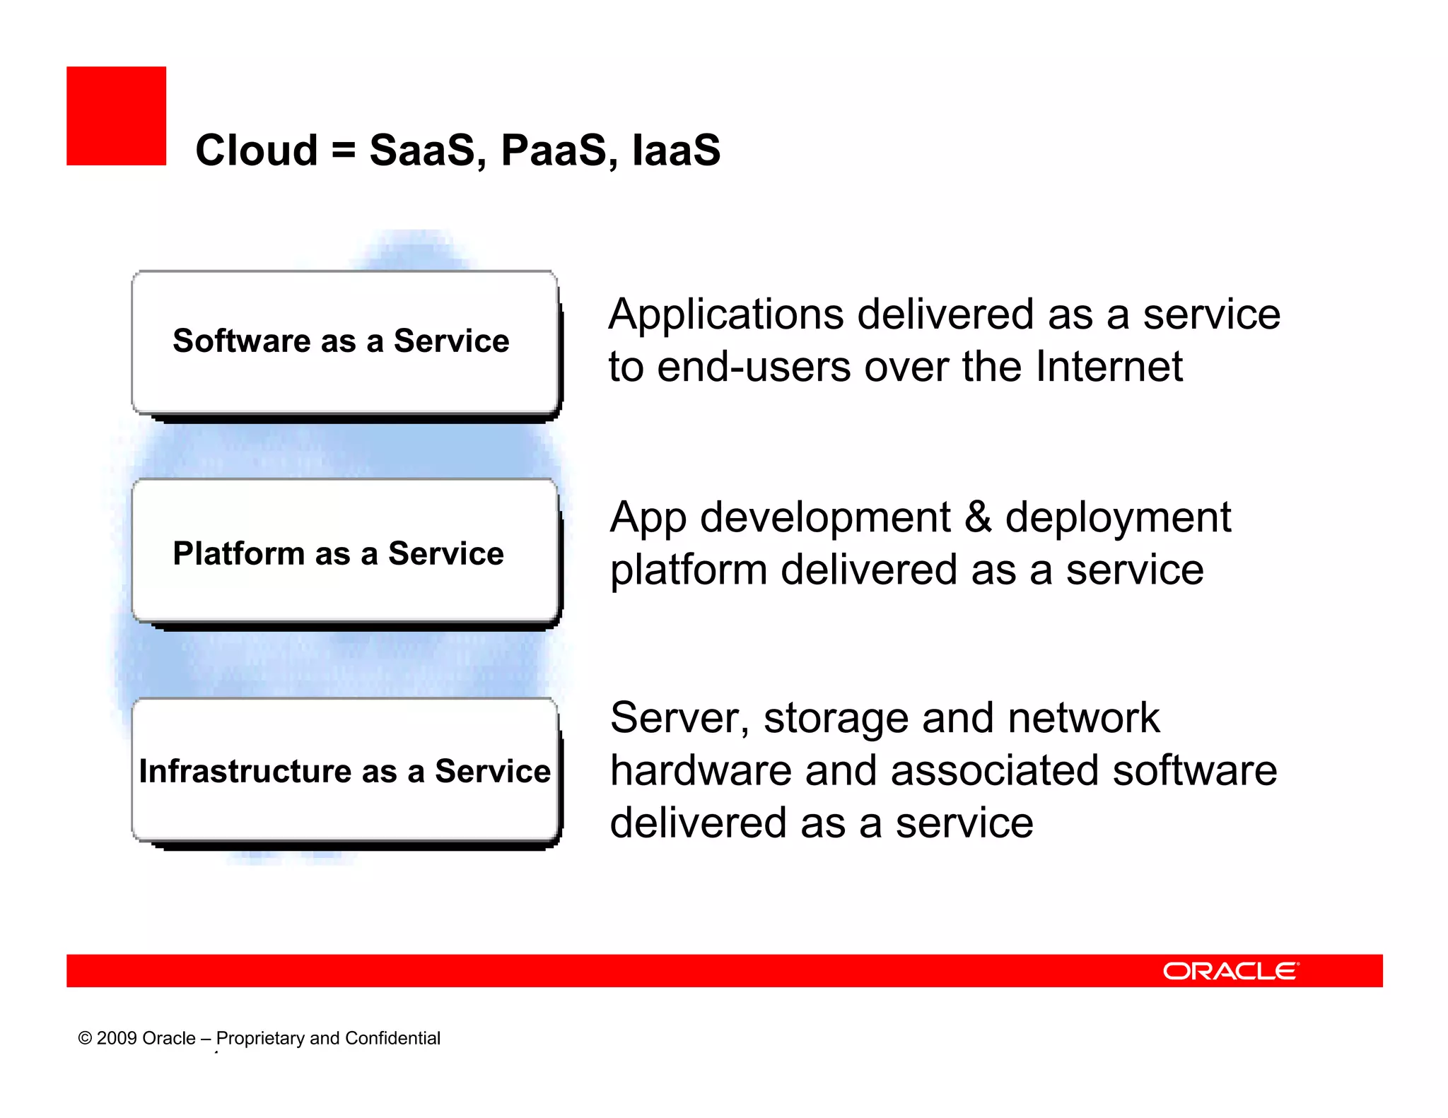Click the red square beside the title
116,116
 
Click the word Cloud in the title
256,151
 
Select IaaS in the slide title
676,151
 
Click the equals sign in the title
343,151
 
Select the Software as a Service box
344,342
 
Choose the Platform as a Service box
344,551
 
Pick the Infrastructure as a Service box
344,770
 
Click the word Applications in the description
726,314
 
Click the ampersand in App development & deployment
978,517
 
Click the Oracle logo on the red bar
1230,971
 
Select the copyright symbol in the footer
85,1038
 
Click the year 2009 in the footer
117,1038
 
